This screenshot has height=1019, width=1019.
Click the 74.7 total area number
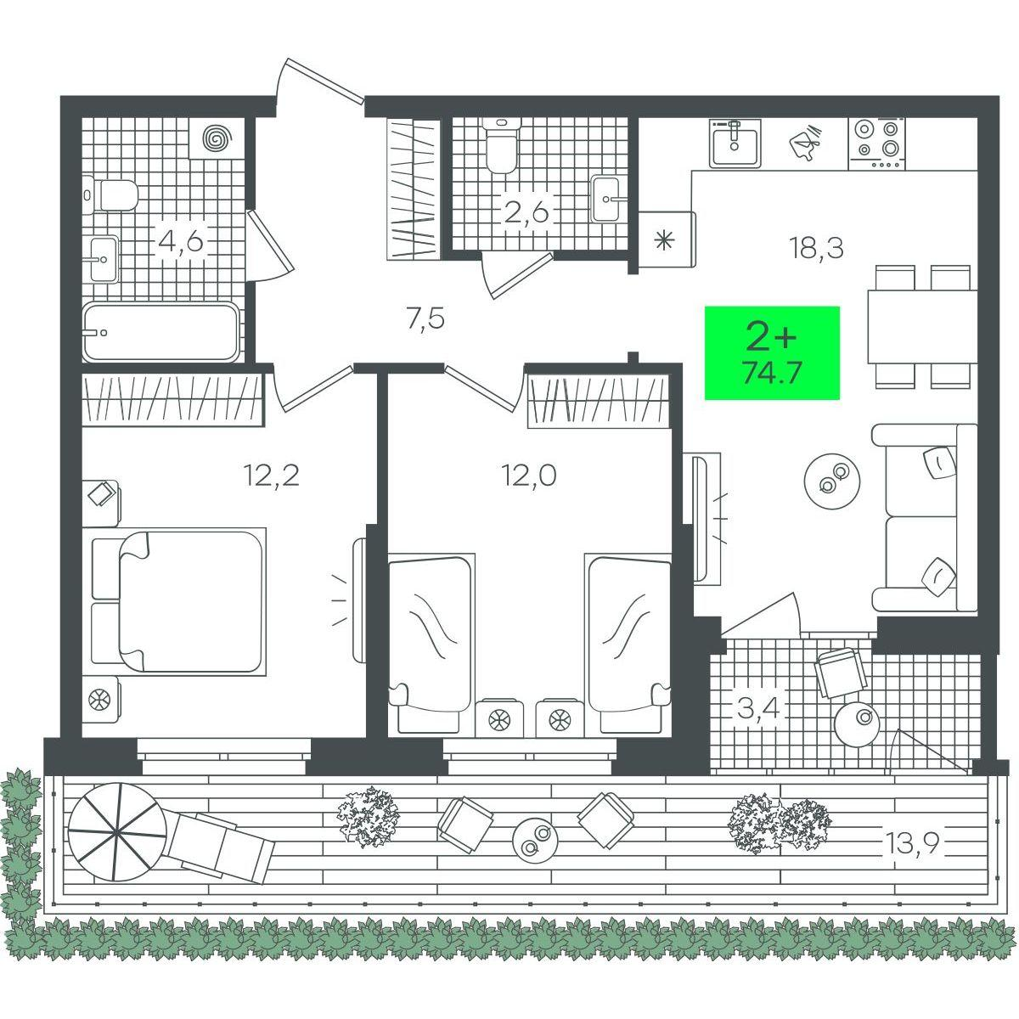tap(772, 374)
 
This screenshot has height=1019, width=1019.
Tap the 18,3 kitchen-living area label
tap(816, 248)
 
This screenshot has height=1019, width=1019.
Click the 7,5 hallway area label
tap(425, 320)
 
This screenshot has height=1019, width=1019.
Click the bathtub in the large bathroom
tap(161, 332)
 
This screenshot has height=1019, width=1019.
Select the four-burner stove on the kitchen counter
tap(876, 144)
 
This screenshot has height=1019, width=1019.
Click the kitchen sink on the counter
tap(735, 142)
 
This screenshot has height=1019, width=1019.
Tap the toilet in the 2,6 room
tap(501, 145)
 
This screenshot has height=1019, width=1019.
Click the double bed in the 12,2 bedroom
tap(178, 602)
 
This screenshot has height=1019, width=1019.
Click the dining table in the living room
tap(921, 327)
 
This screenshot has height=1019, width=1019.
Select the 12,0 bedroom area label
tap(528, 476)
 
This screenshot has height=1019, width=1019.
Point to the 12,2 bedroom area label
tap(271, 476)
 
